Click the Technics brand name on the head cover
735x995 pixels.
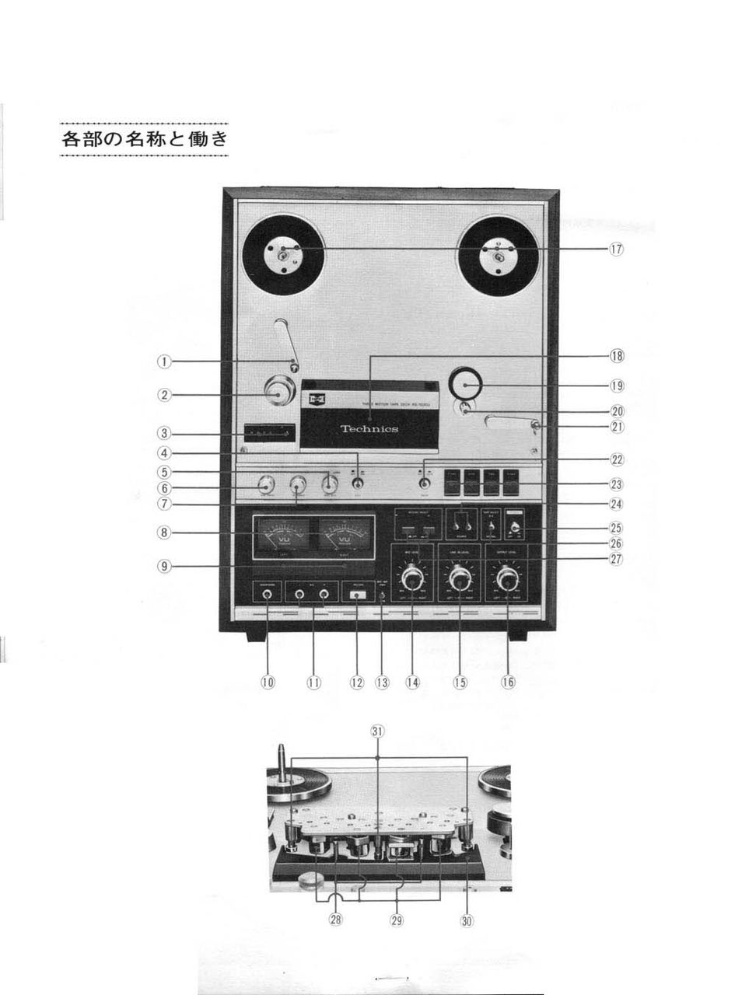coord(369,429)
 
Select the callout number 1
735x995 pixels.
coord(164,361)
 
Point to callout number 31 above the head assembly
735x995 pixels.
coord(377,731)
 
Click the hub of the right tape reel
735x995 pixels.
coord(498,256)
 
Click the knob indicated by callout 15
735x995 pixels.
coord(460,579)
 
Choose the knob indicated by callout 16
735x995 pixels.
coord(508,579)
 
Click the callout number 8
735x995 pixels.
coord(164,532)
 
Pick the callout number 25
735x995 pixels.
coord(616,528)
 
